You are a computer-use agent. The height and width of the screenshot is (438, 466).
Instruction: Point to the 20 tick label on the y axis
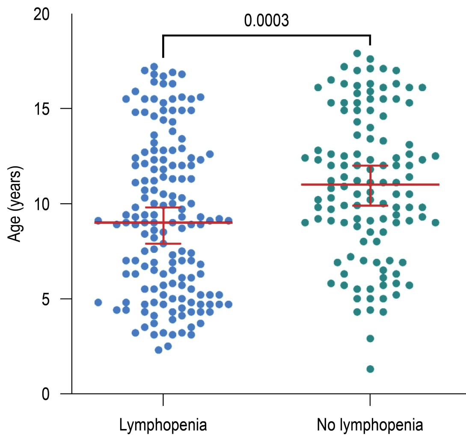coord(41,14)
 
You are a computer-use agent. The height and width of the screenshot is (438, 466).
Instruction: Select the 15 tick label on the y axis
coord(41,109)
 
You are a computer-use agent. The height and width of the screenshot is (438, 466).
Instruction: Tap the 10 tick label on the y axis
coord(41,204)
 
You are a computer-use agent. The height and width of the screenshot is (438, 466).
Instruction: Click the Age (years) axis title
coord(16,204)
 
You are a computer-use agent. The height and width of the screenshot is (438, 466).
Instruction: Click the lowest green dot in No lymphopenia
coord(370,369)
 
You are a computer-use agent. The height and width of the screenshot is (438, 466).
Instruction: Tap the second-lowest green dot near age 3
coord(370,338)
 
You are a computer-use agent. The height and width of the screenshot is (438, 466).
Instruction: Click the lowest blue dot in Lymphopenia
coord(158,350)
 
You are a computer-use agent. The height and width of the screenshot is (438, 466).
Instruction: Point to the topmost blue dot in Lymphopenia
coord(154,67)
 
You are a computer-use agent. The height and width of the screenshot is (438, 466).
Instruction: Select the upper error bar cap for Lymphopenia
coord(163,207)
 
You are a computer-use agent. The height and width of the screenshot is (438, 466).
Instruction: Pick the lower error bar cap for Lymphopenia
coord(163,243)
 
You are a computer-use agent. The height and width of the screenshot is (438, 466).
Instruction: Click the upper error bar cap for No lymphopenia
coord(370,166)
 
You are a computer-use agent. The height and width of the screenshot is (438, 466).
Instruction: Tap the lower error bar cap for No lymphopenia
coord(370,205)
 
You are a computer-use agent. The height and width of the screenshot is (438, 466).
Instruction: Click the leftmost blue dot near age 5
coord(98,302)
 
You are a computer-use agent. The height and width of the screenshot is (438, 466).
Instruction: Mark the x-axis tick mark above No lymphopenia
coord(370,399)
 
